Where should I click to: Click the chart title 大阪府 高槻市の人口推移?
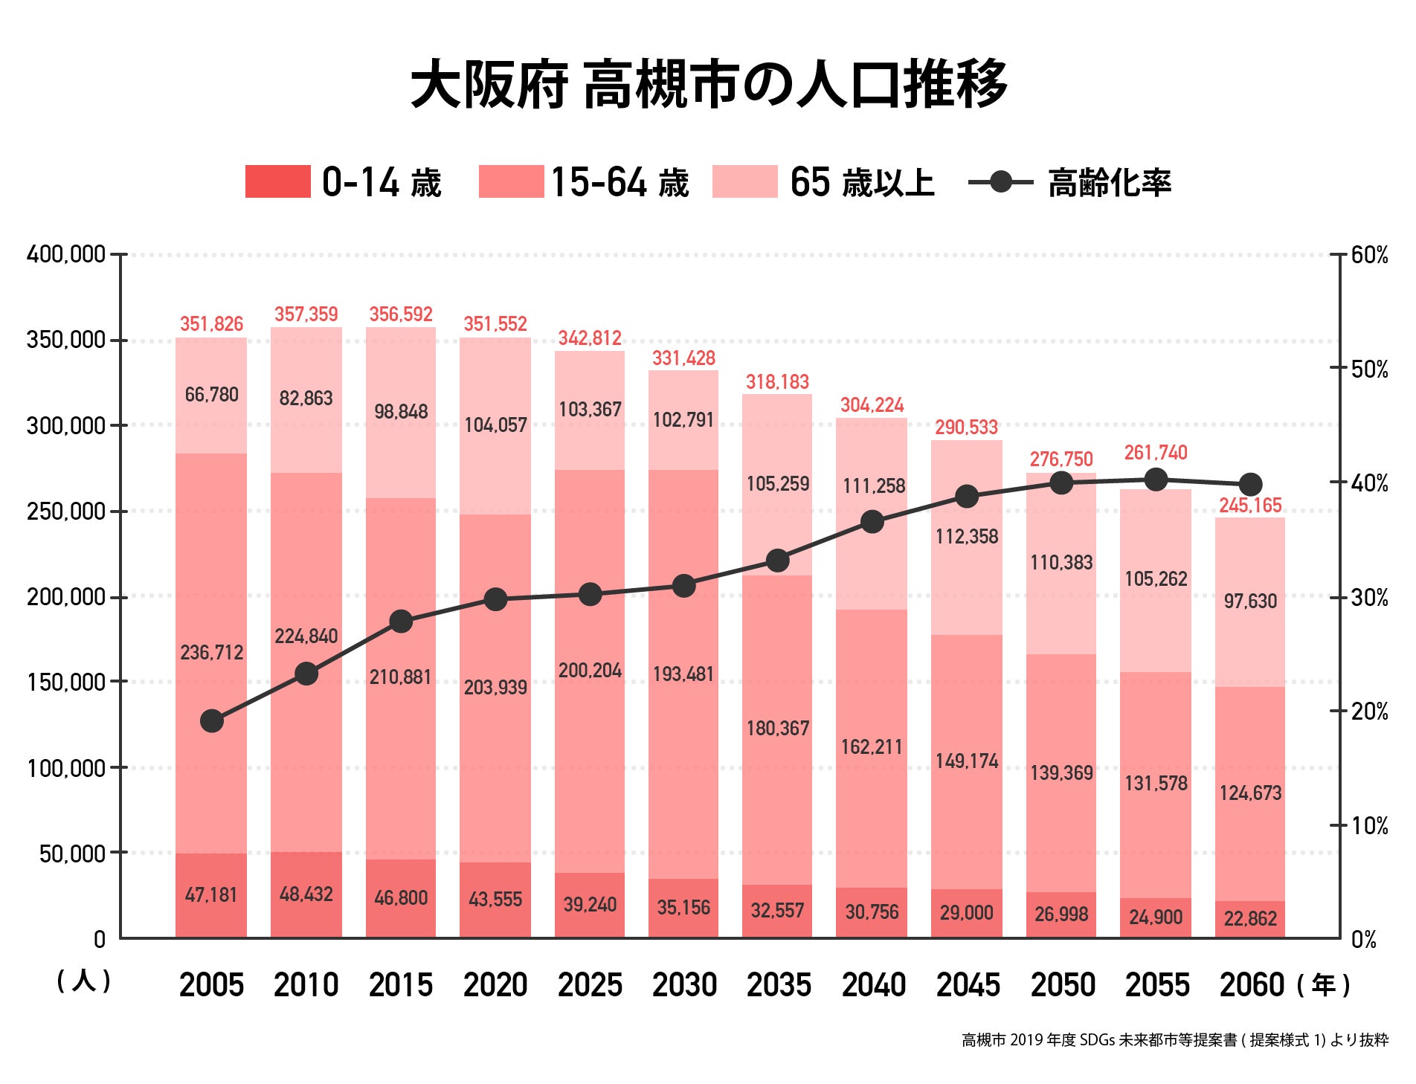(708, 85)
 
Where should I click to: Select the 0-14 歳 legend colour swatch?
(277, 182)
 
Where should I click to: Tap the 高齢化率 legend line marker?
(1001, 182)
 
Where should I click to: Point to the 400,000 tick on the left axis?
(66, 255)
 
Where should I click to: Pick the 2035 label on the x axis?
(778, 985)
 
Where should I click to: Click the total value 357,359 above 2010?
(306, 314)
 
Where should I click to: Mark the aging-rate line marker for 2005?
(212, 720)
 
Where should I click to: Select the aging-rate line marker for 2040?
(872, 521)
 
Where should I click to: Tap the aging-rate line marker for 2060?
(1250, 484)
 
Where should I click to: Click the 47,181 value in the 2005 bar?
(211, 895)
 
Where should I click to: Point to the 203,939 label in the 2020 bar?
(495, 688)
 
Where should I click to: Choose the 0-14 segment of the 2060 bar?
(1250, 919)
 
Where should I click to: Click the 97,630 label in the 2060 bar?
(1250, 601)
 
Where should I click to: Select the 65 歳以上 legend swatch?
(744, 182)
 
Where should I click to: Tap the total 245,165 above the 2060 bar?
(1250, 506)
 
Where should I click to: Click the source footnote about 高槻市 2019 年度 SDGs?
(1175, 1040)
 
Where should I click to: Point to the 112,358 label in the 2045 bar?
(967, 537)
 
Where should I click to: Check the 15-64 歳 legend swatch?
(511, 182)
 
